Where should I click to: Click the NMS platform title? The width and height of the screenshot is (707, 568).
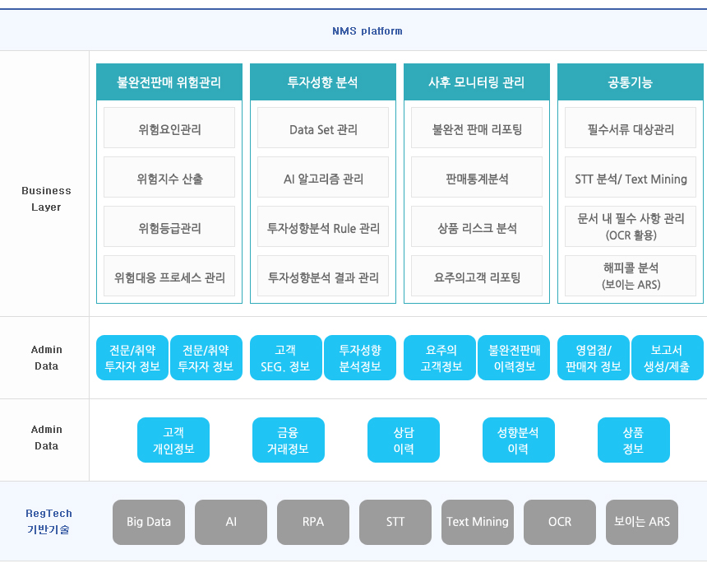[367, 31]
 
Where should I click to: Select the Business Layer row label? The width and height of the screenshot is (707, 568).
[46, 198]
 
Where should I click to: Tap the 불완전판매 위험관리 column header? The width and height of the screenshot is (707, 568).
[169, 82]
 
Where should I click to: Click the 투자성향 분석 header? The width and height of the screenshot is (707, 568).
[323, 82]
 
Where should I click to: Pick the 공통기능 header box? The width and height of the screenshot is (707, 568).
[631, 82]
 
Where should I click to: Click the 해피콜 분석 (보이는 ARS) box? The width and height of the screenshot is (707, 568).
[631, 276]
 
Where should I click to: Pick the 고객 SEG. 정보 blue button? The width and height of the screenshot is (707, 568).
[286, 357]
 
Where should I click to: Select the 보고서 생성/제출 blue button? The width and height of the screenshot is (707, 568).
[668, 357]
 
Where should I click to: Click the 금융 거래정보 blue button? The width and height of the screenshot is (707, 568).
[289, 440]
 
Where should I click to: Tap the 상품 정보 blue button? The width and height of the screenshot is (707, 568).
[634, 440]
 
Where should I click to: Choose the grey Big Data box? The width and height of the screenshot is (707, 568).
[149, 522]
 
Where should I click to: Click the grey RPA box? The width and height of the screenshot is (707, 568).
[313, 522]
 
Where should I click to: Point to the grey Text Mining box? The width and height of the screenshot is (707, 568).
[478, 522]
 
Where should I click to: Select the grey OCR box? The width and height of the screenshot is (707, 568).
[560, 522]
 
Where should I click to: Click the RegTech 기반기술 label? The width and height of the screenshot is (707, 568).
[49, 522]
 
